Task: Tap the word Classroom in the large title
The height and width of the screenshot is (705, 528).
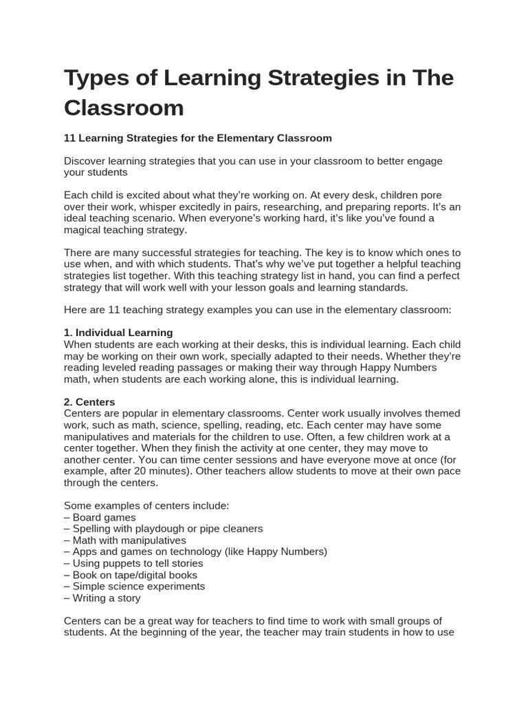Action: point(124,108)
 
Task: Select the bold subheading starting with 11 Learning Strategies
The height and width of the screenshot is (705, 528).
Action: point(197,138)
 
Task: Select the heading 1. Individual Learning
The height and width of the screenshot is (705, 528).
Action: point(118,333)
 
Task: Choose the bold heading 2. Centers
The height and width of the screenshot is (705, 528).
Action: point(89,402)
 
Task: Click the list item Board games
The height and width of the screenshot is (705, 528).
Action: point(100,517)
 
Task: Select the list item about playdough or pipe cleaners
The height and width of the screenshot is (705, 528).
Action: point(163,529)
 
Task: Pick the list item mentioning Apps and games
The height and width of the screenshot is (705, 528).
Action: point(195,551)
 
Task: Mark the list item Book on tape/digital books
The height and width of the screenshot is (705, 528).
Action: point(130,575)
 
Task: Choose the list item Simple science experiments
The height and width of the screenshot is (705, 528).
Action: point(134,587)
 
